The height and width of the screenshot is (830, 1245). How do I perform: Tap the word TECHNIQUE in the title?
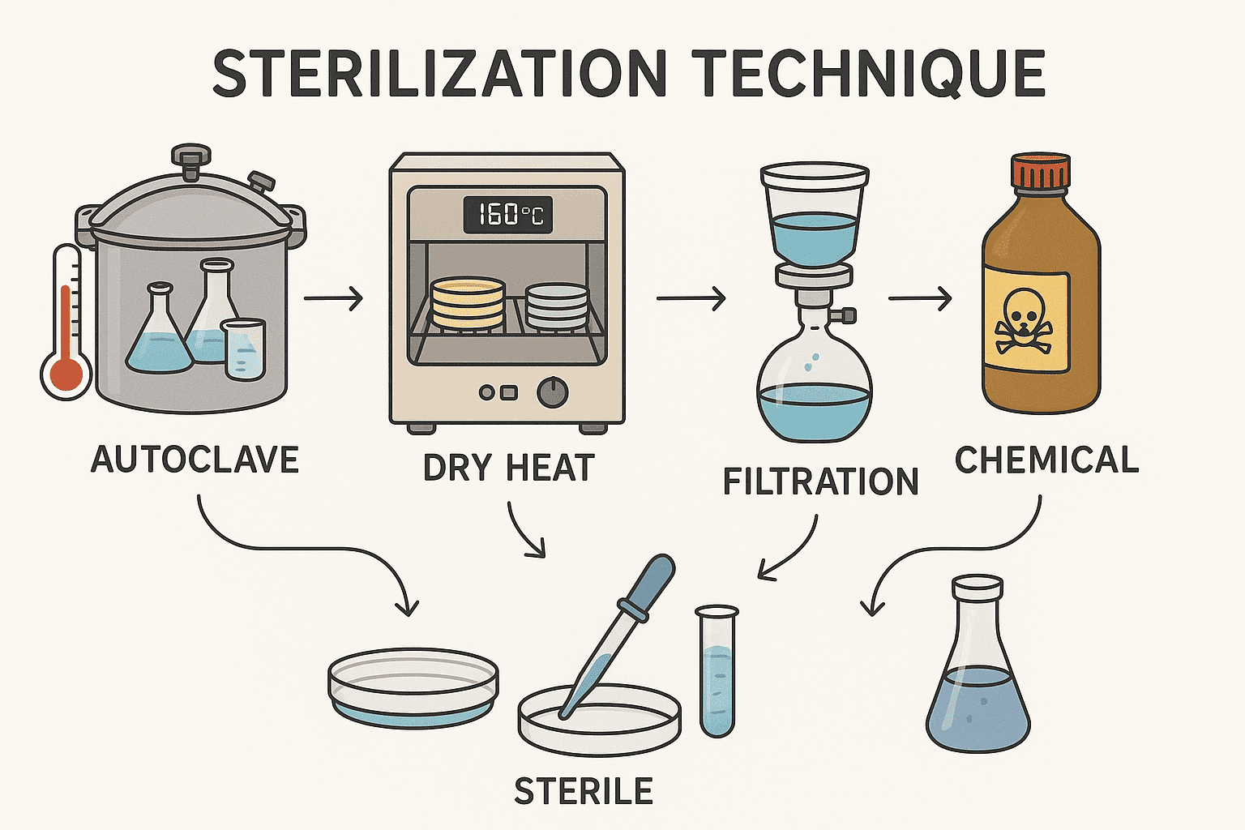point(869,74)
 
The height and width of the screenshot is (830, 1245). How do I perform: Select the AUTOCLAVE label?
point(195,460)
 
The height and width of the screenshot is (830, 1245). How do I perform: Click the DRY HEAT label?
point(509,468)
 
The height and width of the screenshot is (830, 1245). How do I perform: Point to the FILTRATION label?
point(820,481)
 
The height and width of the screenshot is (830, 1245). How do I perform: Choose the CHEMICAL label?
point(1046,460)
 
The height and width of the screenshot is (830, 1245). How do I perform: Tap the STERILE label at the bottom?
point(584,791)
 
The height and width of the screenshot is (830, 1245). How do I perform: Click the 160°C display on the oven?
point(508,215)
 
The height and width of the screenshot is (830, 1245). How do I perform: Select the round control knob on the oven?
point(553,392)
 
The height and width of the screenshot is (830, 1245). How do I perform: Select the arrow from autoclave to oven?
point(333,299)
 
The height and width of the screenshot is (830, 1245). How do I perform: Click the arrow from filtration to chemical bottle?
point(920,299)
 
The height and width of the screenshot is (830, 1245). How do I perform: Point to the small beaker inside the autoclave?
point(244,349)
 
